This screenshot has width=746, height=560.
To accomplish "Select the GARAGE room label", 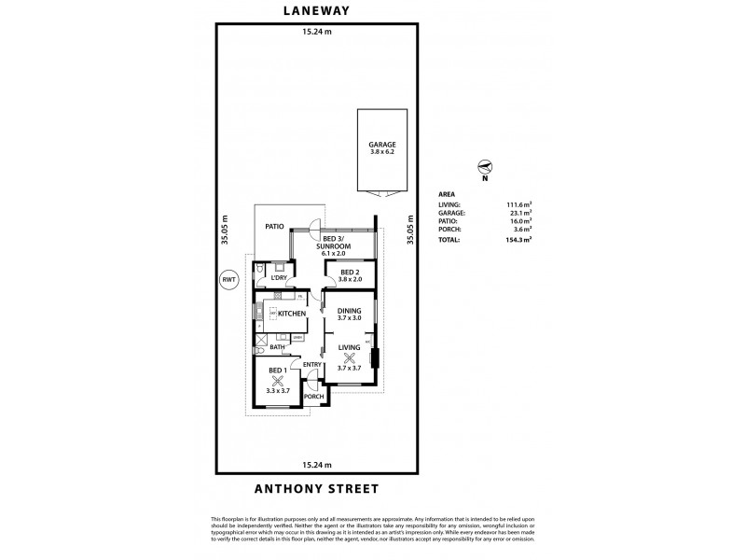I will [x=382, y=146].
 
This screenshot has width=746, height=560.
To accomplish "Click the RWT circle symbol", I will [x=228, y=279].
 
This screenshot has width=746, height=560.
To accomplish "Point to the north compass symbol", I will [x=485, y=167].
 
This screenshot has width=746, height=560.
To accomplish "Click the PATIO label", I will [x=273, y=226].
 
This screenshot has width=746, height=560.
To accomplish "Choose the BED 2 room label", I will [x=350, y=273].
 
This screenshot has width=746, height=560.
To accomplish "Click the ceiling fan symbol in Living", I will [x=350, y=357].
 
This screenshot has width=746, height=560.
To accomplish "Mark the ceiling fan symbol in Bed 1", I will [x=277, y=380].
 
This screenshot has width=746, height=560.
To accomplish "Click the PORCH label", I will [x=313, y=396].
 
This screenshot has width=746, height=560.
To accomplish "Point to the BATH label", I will [x=277, y=347].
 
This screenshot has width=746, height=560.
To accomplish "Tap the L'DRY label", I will [x=278, y=277].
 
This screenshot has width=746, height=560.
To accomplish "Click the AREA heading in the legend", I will [x=447, y=195].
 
